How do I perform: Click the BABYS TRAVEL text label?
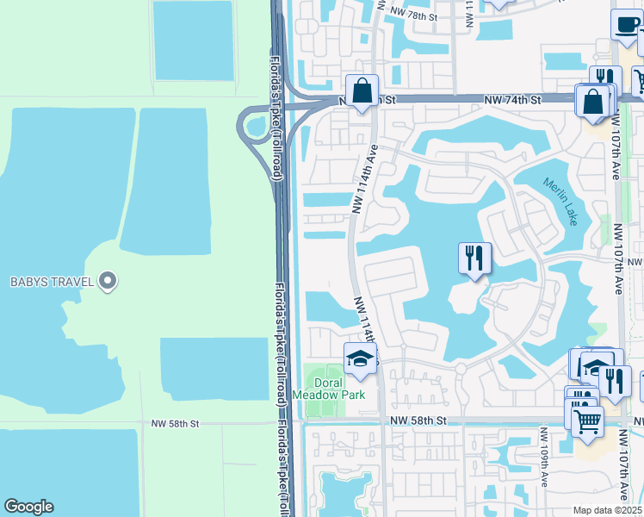pos(51,281)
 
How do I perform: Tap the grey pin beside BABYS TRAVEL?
pos(108,280)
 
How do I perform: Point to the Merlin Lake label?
pos(560,202)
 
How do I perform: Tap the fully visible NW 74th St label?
pos(511,100)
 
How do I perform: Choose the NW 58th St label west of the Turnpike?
pos(175,424)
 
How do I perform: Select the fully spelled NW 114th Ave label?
pos(365,178)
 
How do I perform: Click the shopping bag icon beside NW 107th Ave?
pos(594,101)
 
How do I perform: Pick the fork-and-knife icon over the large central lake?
pos(474,257)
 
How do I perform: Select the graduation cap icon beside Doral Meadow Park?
pos(361,358)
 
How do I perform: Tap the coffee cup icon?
pos(626,24)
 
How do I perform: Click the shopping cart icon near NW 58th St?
pos(588,421)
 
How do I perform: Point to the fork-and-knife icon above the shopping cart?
pos(614,380)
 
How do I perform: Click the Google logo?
pos(28,507)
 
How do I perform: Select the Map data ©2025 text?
pos(608,510)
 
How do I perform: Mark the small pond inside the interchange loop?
pos(257,127)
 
